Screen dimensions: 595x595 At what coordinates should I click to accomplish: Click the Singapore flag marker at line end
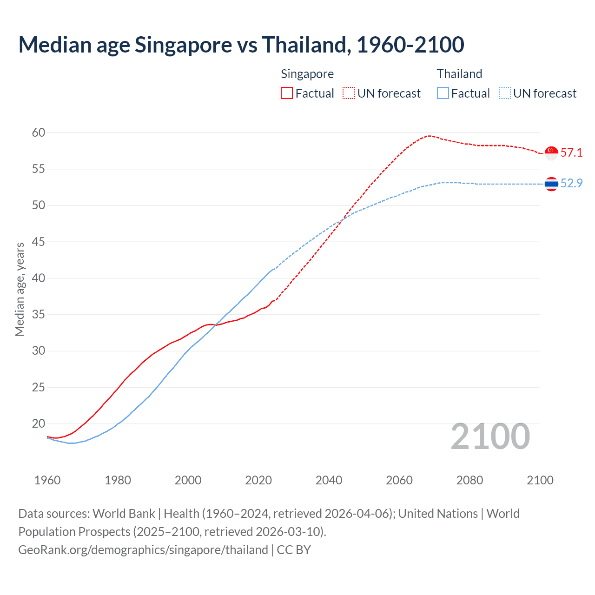tap(551, 153)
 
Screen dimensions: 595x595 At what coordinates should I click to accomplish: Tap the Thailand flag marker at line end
tap(551, 184)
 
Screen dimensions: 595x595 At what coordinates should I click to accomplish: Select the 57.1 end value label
tap(571, 152)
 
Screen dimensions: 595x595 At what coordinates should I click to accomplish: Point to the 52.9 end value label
tap(571, 183)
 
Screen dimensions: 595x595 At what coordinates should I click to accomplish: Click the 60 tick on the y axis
tap(39, 133)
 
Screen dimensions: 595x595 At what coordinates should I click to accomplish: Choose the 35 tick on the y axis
tap(39, 315)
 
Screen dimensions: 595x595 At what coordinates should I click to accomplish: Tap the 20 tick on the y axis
tap(39, 423)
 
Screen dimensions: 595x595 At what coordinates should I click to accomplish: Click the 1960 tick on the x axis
tap(47, 480)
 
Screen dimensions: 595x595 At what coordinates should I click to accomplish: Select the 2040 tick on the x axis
tap(329, 480)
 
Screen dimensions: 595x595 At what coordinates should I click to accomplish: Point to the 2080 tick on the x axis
tap(469, 480)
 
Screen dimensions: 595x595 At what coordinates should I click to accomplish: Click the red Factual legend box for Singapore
tap(287, 93)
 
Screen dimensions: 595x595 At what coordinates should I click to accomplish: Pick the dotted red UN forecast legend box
tap(349, 93)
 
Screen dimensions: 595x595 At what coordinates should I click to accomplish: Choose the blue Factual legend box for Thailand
tap(443, 93)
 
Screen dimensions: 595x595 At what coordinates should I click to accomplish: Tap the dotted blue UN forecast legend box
tap(504, 93)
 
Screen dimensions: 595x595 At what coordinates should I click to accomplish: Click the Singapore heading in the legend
tap(307, 74)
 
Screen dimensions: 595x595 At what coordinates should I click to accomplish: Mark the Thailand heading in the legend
tap(459, 74)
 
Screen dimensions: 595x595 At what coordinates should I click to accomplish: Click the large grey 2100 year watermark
tap(490, 436)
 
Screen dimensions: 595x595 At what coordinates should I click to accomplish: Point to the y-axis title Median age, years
tap(20, 289)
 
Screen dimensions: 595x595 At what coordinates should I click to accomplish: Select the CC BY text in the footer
tap(294, 550)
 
